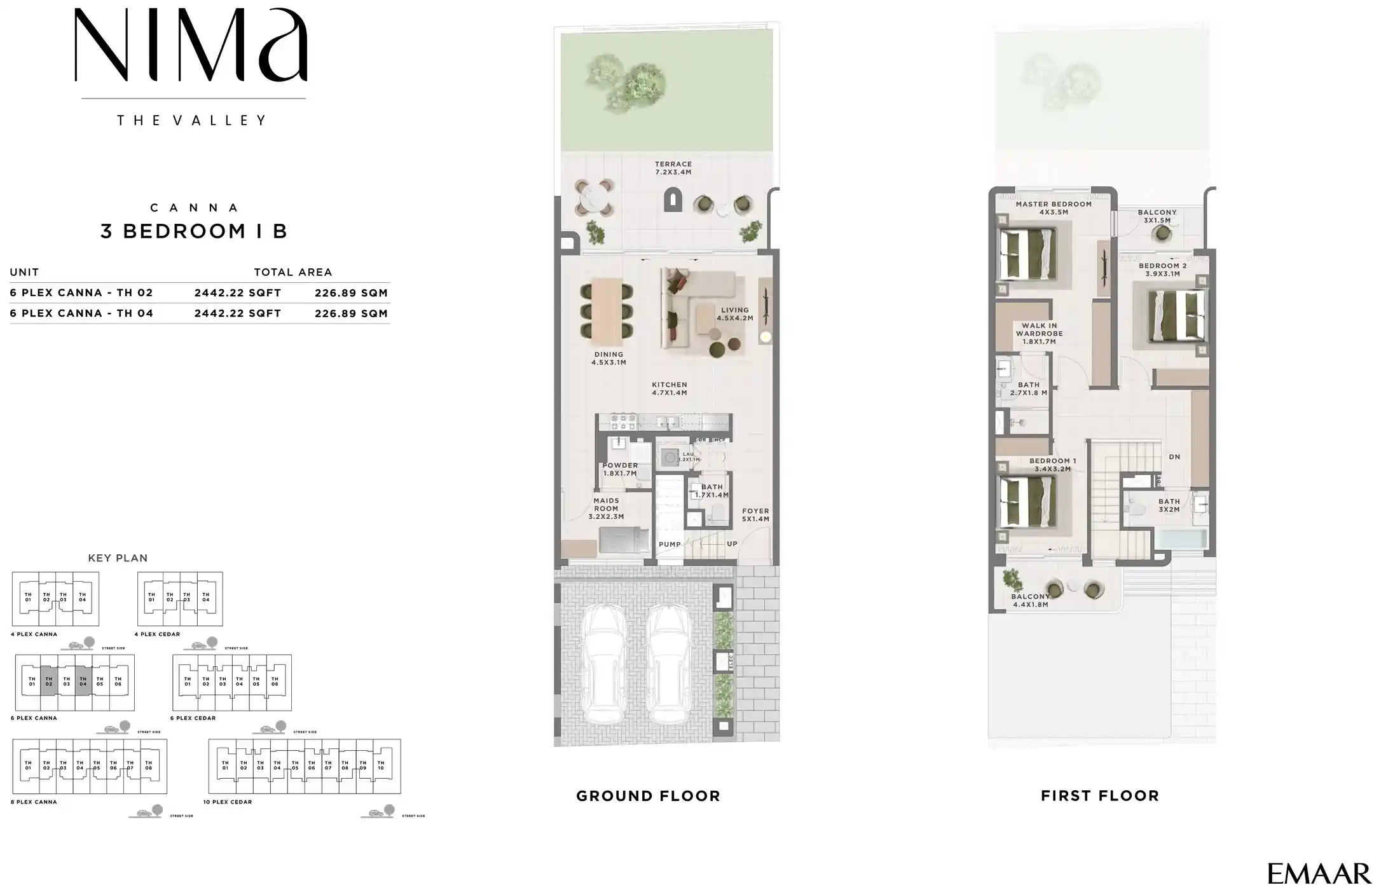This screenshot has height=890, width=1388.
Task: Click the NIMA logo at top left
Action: click(x=191, y=46)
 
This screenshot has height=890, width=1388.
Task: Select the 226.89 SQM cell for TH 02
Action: click(x=351, y=293)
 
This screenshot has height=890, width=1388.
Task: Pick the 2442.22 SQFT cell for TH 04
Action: click(x=238, y=313)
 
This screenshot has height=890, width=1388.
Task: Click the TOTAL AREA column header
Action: click(x=292, y=272)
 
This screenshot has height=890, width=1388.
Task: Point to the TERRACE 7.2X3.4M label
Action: click(x=673, y=168)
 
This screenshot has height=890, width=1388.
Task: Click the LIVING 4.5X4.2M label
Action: click(x=735, y=314)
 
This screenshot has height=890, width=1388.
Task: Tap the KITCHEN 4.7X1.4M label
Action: click(x=670, y=388)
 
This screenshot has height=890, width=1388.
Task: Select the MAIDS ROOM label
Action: click(x=606, y=509)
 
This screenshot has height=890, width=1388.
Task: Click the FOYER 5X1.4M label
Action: click(x=755, y=515)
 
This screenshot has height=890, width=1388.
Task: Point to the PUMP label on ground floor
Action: click(x=670, y=544)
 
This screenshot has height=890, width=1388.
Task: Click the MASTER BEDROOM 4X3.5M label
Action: click(x=1054, y=208)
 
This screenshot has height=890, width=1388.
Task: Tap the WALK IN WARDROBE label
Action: click(x=1039, y=333)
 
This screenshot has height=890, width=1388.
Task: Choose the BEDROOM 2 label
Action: click(x=1162, y=270)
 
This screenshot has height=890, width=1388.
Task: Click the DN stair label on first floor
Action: click(x=1174, y=457)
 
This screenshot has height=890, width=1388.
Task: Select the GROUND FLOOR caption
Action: click(x=648, y=796)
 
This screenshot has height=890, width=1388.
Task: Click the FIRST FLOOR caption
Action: click(x=1100, y=796)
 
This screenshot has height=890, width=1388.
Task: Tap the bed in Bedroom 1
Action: click(x=1027, y=502)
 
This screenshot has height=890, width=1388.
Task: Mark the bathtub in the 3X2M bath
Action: click(x=1181, y=540)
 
